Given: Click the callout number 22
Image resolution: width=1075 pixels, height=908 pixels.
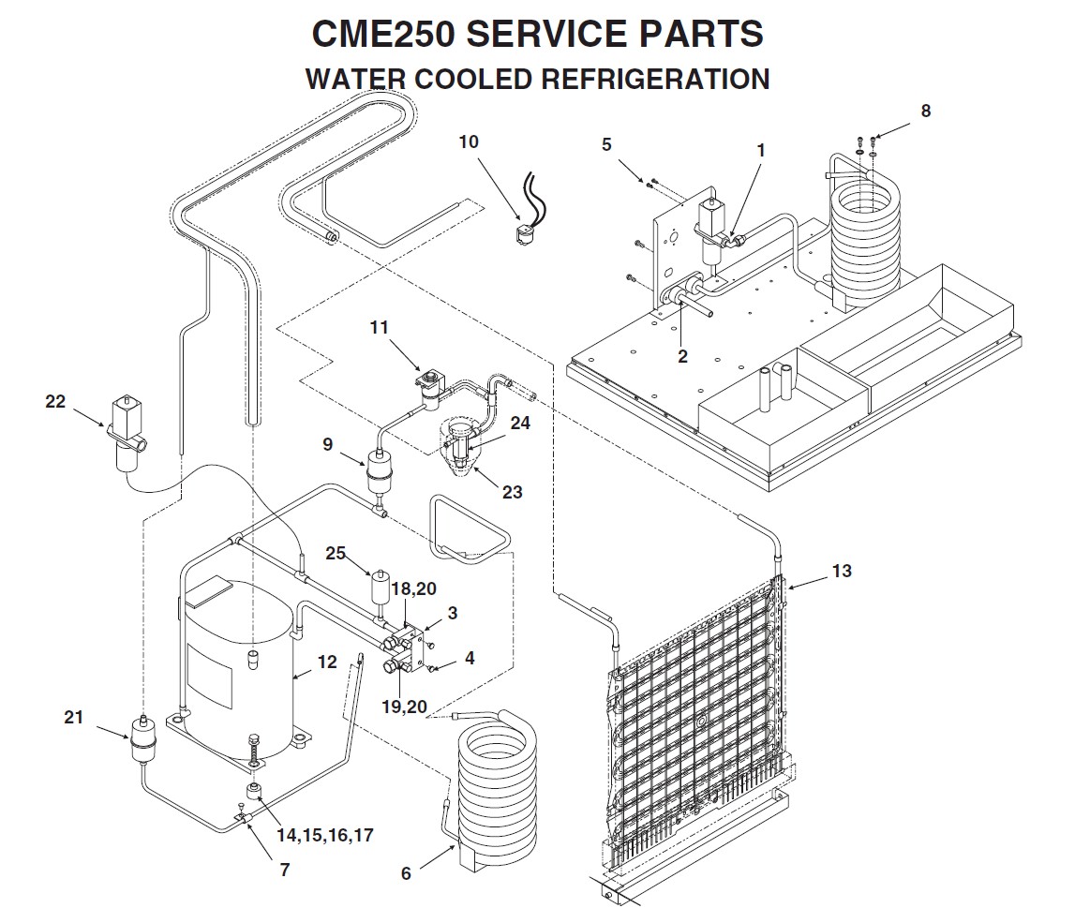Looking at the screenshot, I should (x=55, y=401).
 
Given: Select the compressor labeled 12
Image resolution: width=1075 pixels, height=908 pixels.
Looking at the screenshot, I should (x=234, y=670).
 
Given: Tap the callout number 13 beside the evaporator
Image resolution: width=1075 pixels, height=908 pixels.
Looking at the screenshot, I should (x=842, y=570).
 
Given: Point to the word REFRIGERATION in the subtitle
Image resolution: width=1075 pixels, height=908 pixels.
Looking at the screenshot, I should (x=655, y=79).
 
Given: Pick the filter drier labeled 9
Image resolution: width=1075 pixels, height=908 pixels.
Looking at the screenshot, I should (x=381, y=471).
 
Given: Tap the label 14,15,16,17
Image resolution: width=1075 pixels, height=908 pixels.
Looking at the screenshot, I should (x=324, y=835).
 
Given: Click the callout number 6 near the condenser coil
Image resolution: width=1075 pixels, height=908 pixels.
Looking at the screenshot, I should (x=406, y=872).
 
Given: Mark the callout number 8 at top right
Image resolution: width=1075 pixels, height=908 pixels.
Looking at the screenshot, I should (x=925, y=111).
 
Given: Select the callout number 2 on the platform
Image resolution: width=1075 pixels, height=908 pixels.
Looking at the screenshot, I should (x=682, y=356).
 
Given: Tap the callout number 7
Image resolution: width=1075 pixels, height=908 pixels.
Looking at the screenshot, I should (x=284, y=869).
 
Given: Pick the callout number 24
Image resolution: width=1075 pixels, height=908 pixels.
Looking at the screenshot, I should (x=520, y=423).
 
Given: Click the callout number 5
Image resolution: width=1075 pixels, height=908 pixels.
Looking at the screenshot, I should (x=606, y=144).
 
